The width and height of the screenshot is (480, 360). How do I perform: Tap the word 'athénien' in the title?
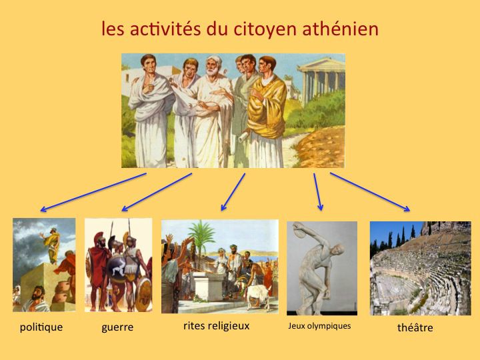click(341, 29)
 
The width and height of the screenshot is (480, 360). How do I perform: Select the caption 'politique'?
click(41, 327)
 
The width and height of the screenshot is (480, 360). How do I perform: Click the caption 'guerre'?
click(117, 327)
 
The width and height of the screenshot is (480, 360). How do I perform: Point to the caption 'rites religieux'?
click(217, 326)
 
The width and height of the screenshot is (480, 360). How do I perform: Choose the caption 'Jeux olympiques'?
click(319, 326)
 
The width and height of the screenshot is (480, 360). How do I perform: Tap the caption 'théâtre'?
click(415, 327)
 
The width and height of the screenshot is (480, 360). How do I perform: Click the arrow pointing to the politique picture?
click(93, 192)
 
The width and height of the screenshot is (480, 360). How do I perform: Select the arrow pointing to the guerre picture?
click(157, 192)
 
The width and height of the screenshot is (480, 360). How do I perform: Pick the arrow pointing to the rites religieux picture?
click(233, 192)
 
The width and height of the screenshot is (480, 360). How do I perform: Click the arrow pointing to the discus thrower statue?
click(318, 192)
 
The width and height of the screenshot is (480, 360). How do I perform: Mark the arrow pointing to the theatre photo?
click(370, 192)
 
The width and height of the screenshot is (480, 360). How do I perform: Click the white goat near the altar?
click(257, 295)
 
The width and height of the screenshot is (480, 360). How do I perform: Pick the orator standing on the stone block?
click(51, 245)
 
